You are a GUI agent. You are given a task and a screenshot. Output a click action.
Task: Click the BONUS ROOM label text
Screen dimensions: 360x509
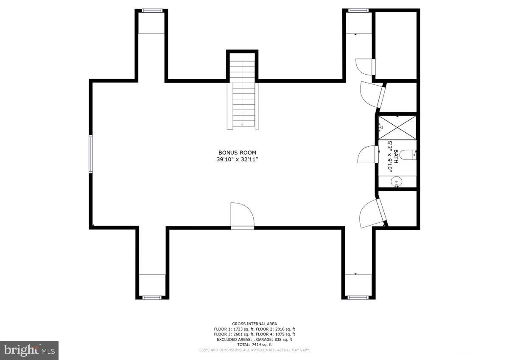click(x=237, y=153)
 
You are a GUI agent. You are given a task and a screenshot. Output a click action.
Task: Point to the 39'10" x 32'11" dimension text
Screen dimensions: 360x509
click(x=237, y=159)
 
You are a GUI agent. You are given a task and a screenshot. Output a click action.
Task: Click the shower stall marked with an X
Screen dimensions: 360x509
click(x=397, y=127)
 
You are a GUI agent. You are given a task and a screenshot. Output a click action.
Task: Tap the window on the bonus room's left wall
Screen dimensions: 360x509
click(x=90, y=154)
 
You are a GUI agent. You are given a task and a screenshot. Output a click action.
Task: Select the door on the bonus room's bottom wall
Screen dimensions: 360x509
click(x=242, y=216)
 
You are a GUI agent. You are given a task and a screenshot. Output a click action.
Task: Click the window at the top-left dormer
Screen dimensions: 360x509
click(x=151, y=11)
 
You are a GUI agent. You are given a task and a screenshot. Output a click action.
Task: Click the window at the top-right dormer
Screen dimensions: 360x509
click(x=358, y=11)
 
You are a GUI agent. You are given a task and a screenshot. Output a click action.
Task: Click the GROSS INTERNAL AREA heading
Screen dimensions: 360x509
click(x=254, y=324)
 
